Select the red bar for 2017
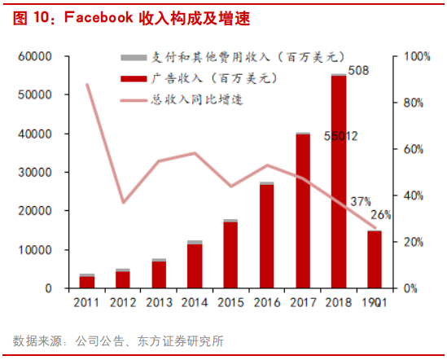click(x=303, y=212)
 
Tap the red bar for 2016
click(x=266, y=236)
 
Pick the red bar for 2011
click(x=87, y=283)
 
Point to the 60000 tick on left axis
click(x=37, y=56)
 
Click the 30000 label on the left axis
click(x=37, y=172)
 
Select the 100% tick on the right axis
click(x=417, y=56)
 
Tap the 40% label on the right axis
click(x=414, y=195)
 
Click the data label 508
click(x=358, y=70)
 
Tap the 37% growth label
click(x=361, y=200)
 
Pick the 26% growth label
click(x=381, y=215)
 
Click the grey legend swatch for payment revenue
click(x=131, y=59)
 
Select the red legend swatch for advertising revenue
click(x=131, y=78)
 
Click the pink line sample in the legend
click(x=131, y=99)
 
